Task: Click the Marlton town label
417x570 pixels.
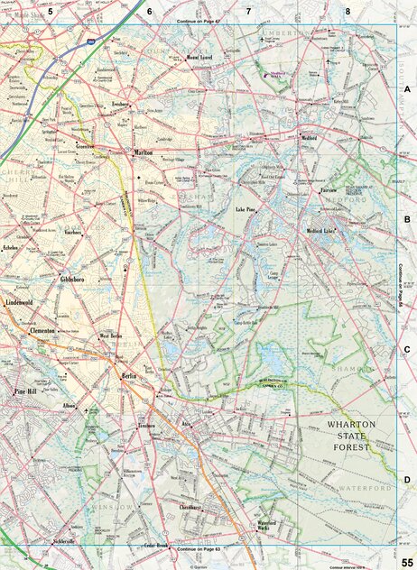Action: [144, 153]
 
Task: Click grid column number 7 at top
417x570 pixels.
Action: [249, 11]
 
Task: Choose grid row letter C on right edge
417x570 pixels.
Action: [407, 350]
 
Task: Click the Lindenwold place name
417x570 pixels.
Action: [24, 303]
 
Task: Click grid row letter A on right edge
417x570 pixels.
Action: [407, 89]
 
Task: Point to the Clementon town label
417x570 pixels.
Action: [42, 331]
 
